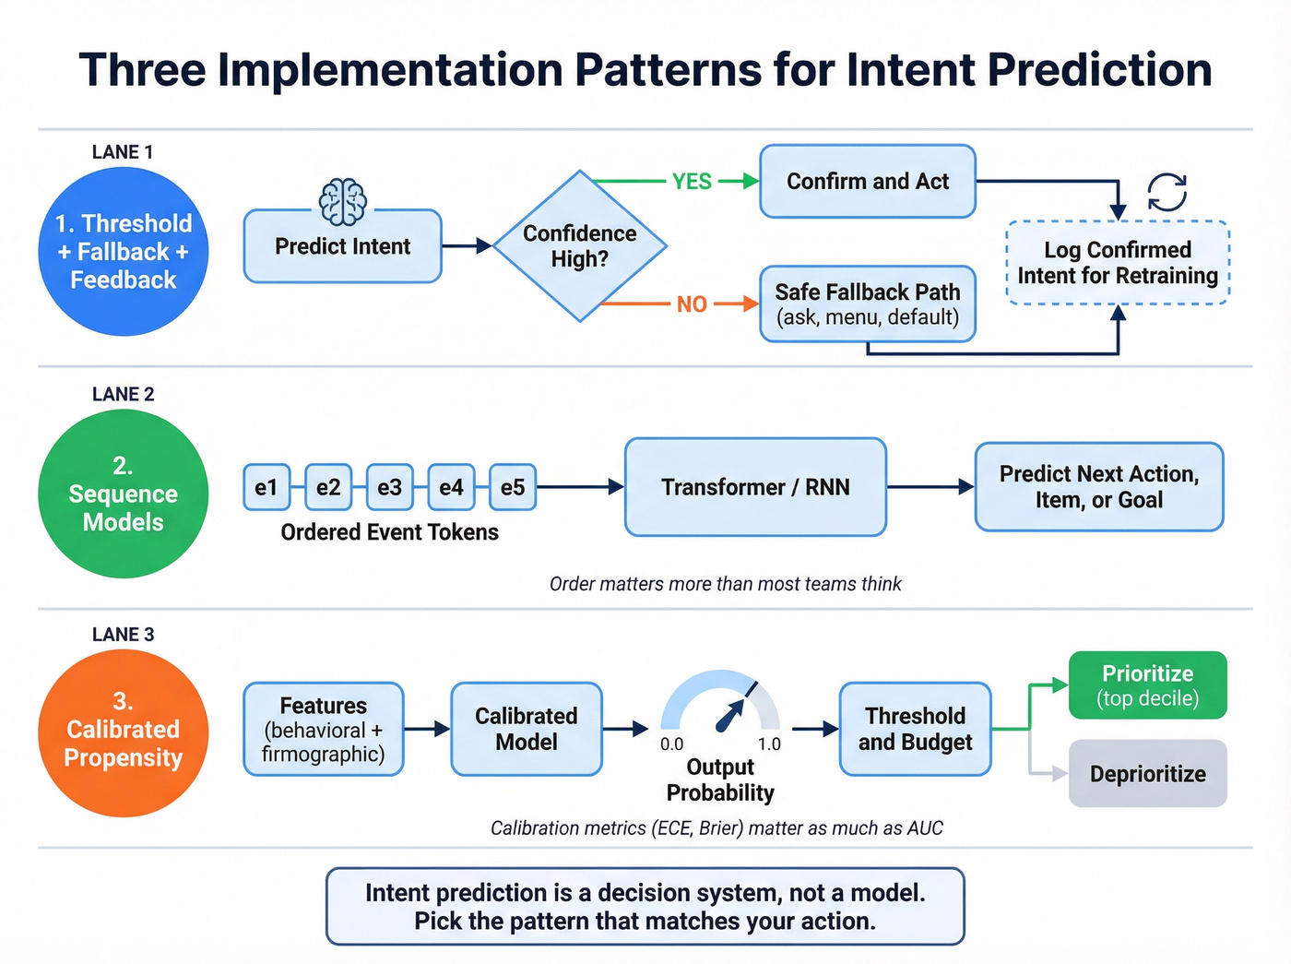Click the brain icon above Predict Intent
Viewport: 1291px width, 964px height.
coord(342,202)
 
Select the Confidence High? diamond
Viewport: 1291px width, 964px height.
coord(579,246)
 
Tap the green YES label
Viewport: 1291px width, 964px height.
coord(692,182)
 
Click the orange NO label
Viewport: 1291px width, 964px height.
coord(692,304)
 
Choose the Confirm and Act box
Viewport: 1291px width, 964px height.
coord(867,182)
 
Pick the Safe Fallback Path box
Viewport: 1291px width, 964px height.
coord(867,304)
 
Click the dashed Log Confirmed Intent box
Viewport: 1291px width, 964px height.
coord(1118,263)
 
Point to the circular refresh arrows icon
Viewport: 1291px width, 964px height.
coord(1167,193)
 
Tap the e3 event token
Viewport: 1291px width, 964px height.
coord(389,487)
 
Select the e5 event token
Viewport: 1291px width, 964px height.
coord(512,487)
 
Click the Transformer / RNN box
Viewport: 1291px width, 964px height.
coord(755,487)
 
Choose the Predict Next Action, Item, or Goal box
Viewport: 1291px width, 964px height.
coord(1099,487)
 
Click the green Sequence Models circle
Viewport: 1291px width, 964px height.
coord(123,494)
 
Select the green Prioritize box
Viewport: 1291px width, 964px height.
coord(1147,685)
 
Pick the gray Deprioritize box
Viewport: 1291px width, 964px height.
coord(1147,774)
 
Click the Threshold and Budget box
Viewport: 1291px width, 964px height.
coord(915,729)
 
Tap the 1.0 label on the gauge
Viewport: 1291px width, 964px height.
coord(769,744)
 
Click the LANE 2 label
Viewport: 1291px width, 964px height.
coord(123,394)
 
